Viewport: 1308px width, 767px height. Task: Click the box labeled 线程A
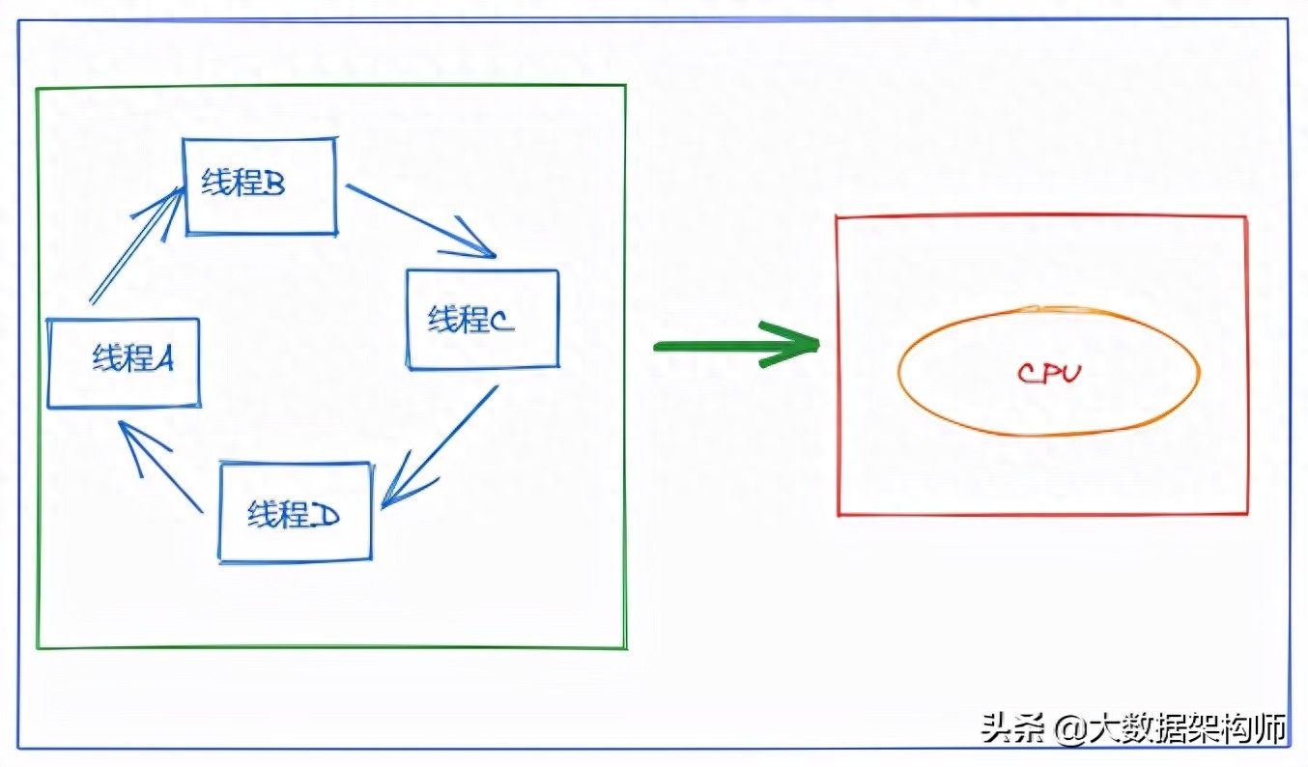[124, 363]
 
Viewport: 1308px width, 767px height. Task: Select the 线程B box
[260, 185]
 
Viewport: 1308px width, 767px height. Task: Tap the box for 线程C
[482, 319]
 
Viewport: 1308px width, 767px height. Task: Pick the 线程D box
[295, 512]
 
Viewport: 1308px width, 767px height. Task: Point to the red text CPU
[1049, 373]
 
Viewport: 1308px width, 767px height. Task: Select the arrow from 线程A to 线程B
[135, 246]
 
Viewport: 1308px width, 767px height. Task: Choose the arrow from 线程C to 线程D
[441, 444]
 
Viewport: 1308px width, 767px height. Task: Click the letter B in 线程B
[272, 184]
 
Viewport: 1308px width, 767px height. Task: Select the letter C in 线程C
[501, 321]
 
